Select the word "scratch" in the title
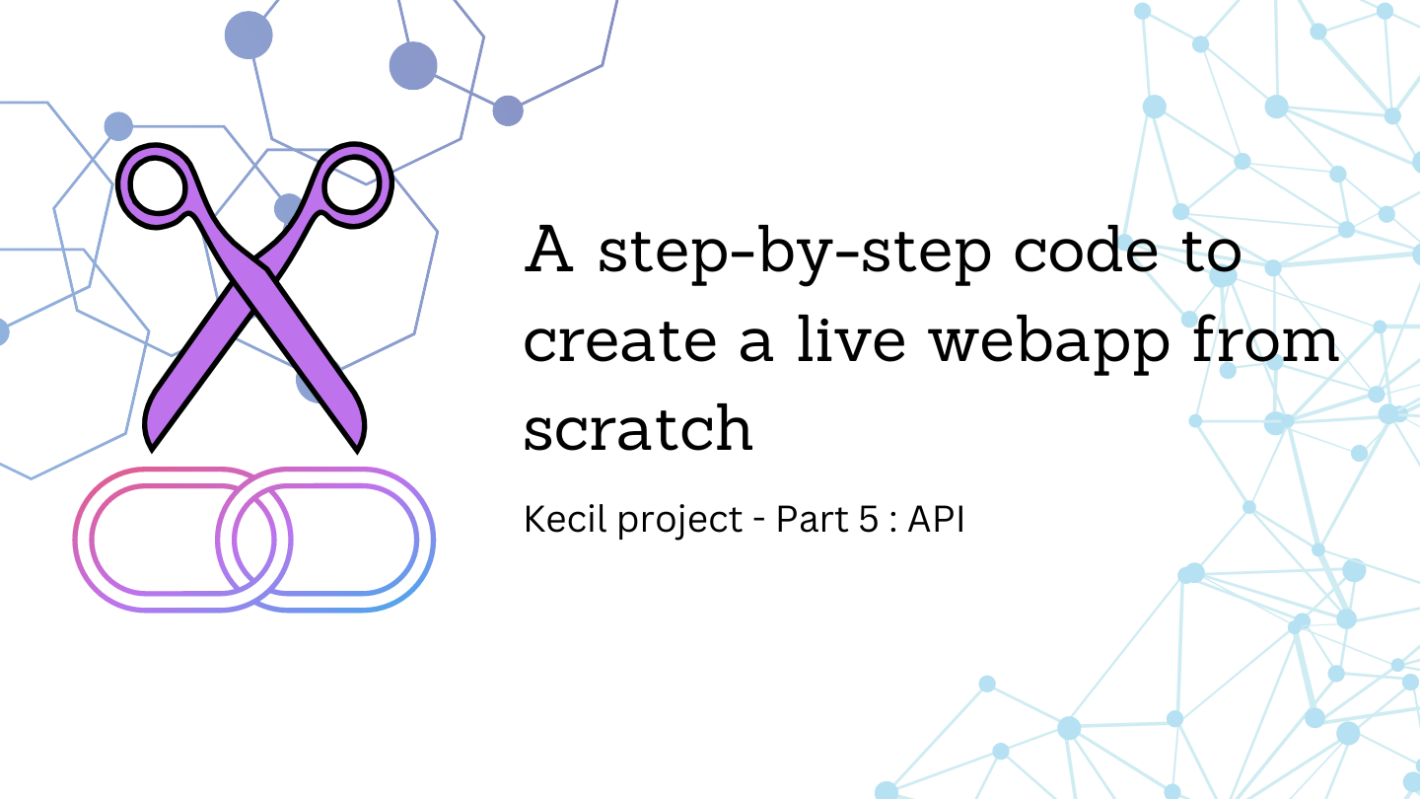638,427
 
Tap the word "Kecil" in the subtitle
566,519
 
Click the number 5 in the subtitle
868,519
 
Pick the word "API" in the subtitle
936,519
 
